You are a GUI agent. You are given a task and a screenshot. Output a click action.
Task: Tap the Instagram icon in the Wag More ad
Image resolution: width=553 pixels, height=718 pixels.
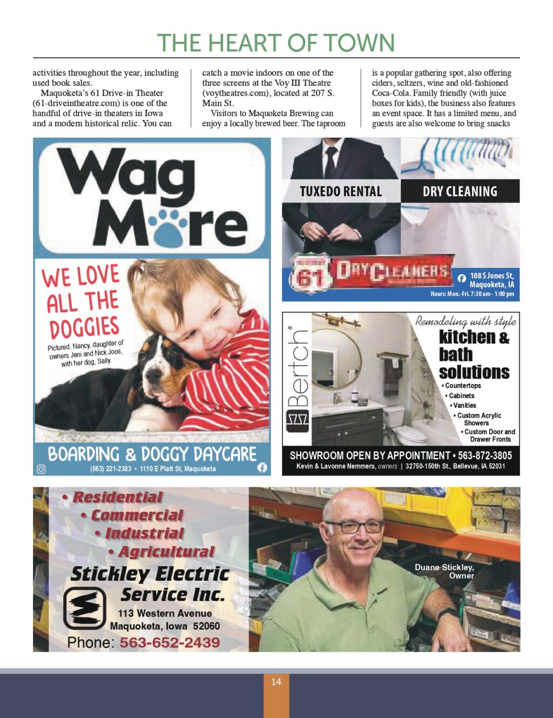click(x=41, y=469)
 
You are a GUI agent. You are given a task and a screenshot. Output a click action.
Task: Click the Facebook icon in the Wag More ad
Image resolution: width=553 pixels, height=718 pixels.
click(x=262, y=468)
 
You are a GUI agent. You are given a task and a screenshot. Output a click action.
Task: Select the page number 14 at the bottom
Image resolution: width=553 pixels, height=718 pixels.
click(x=276, y=682)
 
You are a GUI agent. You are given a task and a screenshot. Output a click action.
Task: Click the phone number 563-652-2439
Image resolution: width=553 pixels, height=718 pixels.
click(x=170, y=642)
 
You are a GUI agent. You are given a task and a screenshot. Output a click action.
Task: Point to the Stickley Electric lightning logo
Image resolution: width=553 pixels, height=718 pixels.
click(x=84, y=608)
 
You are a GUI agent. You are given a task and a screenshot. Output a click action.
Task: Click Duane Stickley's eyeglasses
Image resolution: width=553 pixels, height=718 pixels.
click(x=354, y=526)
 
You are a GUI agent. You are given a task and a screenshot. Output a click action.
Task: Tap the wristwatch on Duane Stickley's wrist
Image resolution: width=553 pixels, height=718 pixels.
click(x=447, y=613)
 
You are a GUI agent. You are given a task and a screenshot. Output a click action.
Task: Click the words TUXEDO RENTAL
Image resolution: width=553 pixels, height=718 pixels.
click(x=341, y=191)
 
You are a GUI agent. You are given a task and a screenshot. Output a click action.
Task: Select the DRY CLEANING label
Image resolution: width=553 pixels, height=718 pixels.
click(x=460, y=191)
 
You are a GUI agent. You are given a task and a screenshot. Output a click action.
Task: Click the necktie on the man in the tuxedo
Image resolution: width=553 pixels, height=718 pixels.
click(x=331, y=162)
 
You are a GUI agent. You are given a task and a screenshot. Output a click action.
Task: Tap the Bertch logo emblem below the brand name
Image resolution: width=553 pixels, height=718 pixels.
click(x=297, y=421)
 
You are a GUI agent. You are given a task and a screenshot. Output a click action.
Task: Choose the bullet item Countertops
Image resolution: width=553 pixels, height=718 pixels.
click(x=462, y=386)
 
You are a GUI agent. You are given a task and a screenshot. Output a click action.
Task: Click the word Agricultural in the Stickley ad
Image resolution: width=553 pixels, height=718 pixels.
click(x=166, y=552)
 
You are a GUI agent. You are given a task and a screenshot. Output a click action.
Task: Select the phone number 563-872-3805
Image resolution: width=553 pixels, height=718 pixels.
click(x=484, y=455)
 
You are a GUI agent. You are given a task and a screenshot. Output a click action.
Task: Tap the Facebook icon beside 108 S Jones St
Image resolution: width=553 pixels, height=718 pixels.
click(x=462, y=279)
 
